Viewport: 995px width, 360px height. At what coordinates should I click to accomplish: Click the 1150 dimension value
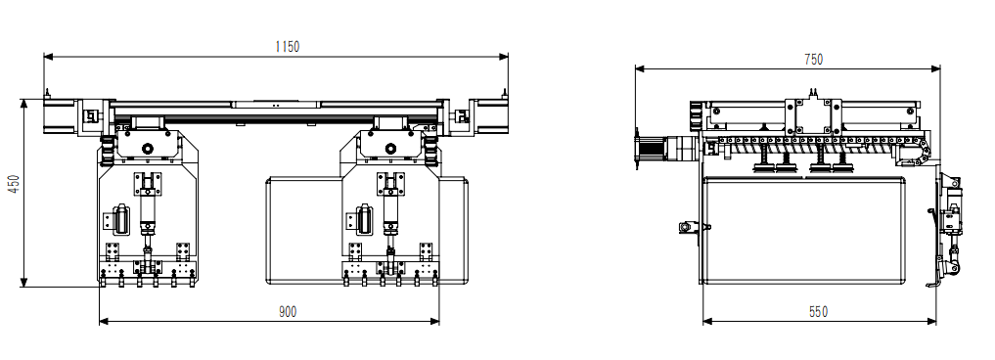(x=287, y=46)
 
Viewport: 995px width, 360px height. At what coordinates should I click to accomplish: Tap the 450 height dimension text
(x=15, y=184)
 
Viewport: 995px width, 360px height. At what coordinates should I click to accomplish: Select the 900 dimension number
(x=288, y=312)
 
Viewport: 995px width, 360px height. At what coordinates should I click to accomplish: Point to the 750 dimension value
(x=813, y=59)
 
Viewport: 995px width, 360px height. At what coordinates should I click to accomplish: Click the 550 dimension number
(x=818, y=312)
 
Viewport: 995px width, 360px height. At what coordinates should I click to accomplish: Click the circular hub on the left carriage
(x=147, y=149)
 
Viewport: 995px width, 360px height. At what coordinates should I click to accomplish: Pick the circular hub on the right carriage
(x=389, y=149)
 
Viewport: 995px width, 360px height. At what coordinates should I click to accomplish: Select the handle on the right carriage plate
(x=363, y=219)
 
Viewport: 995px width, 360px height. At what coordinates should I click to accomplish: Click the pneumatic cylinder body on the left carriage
(x=147, y=212)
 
